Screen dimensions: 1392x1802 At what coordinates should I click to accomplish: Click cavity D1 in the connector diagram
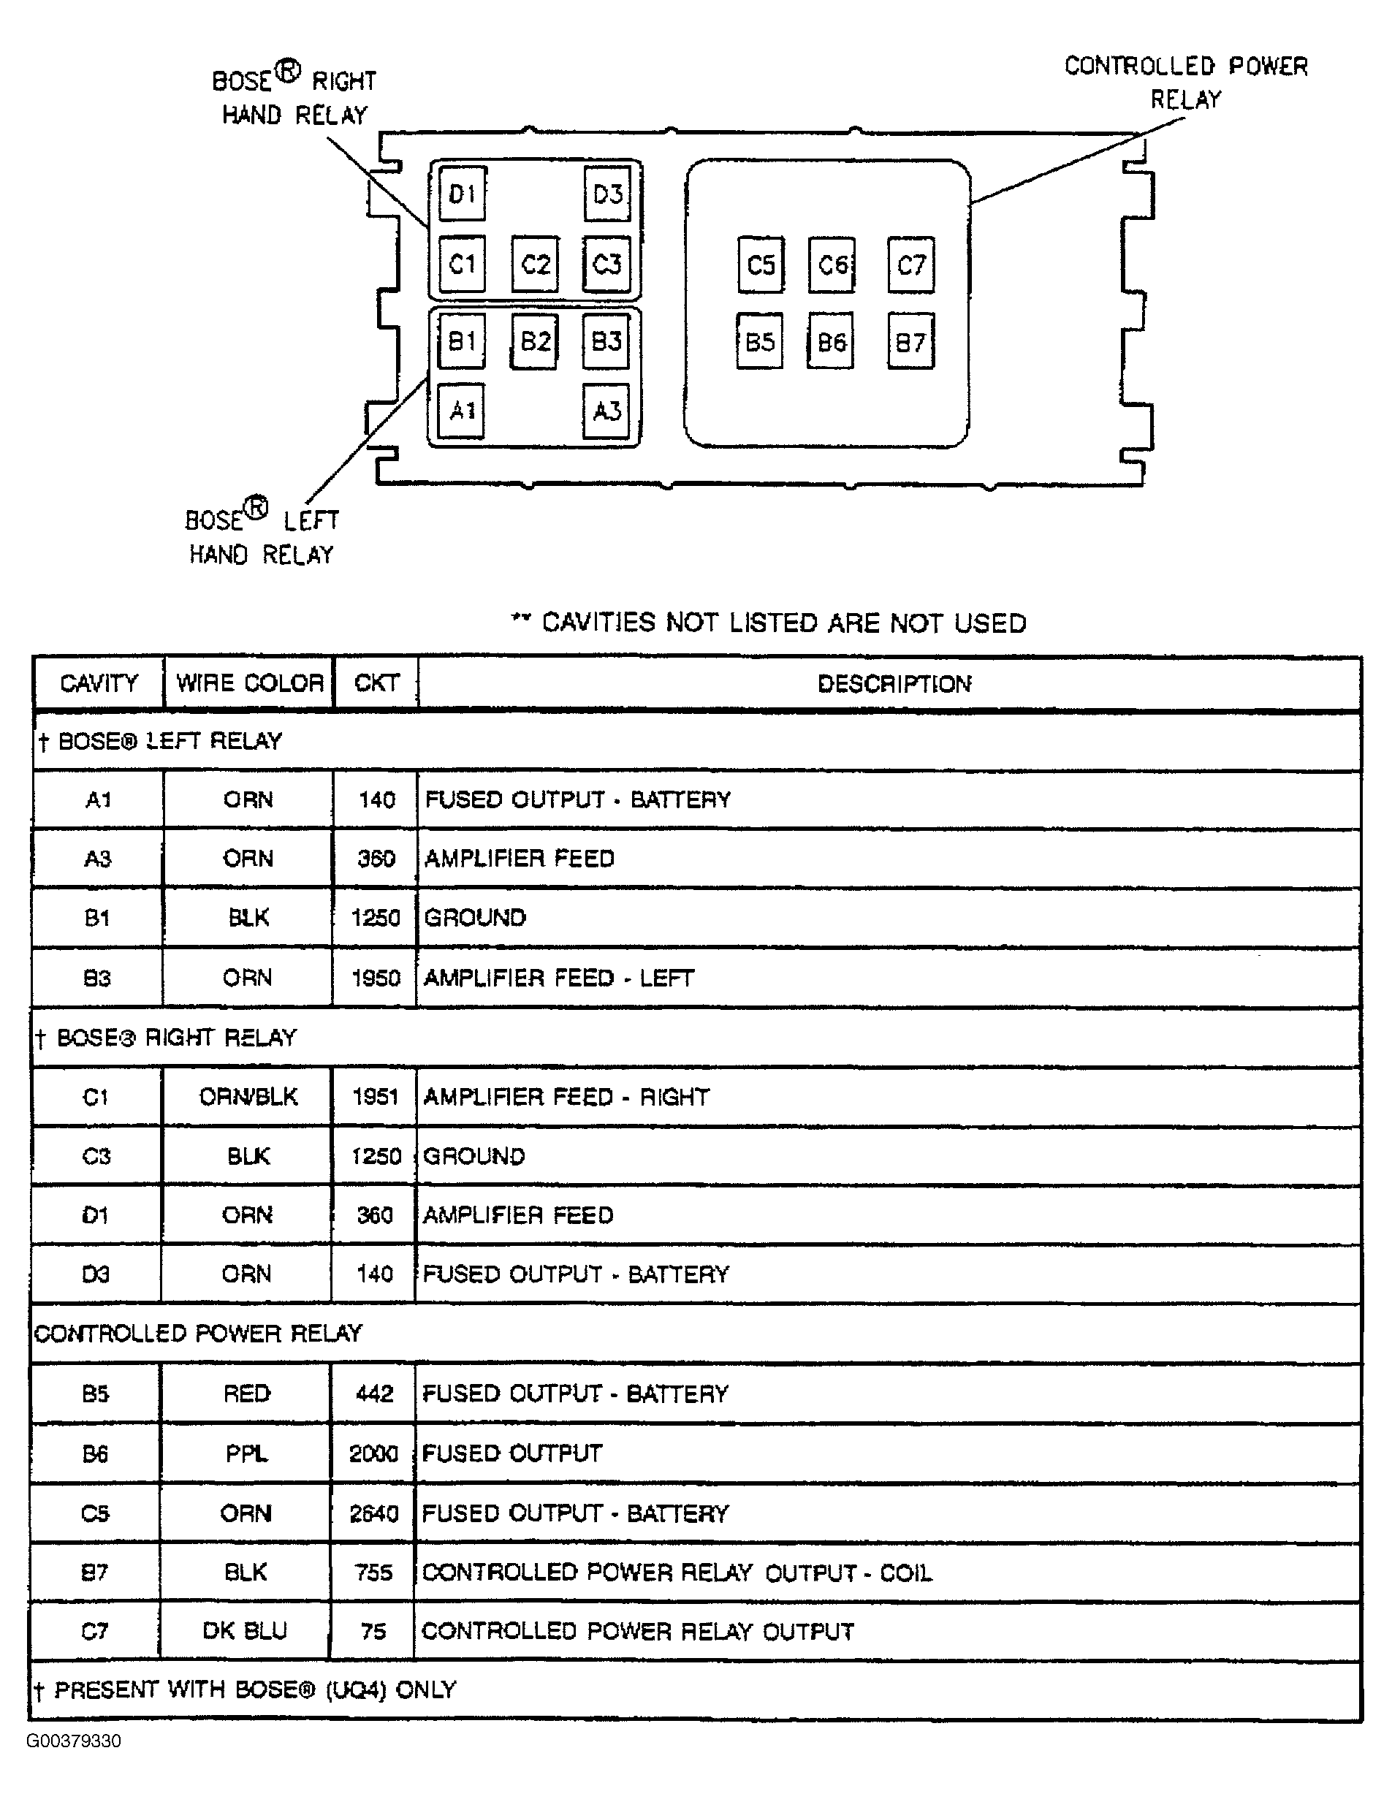pyautogui.click(x=462, y=194)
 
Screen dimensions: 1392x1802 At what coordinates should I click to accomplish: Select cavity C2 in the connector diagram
pyautogui.click(x=536, y=264)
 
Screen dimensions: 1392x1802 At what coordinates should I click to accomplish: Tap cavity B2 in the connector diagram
pyautogui.click(x=535, y=341)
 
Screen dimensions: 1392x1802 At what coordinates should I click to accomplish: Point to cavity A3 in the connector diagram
pyautogui.click(x=606, y=411)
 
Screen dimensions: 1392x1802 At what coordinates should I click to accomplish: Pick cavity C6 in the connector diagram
pyautogui.click(x=832, y=265)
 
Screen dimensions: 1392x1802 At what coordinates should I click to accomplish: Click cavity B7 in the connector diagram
pyautogui.click(x=911, y=341)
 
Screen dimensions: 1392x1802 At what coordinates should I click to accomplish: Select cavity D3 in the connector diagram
pyautogui.click(x=608, y=194)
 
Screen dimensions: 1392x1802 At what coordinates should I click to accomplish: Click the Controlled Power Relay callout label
pyautogui.click(x=1186, y=83)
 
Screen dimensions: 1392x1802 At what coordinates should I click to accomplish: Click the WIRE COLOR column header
pyautogui.click(x=249, y=683)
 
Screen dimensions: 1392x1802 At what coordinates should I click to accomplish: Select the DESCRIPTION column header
pyautogui.click(x=894, y=684)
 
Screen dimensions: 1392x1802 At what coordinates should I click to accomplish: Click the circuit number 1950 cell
pyautogui.click(x=376, y=978)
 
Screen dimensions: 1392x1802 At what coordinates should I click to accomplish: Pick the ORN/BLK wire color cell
pyautogui.click(x=248, y=1097)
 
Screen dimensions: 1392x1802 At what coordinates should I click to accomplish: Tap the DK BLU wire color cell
pyautogui.click(x=245, y=1631)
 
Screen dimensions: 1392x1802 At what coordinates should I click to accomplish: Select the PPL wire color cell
pyautogui.click(x=247, y=1453)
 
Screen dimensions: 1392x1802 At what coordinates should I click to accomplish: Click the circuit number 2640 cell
pyautogui.click(x=374, y=1513)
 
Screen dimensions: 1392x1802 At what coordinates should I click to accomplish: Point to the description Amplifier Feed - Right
pyautogui.click(x=566, y=1097)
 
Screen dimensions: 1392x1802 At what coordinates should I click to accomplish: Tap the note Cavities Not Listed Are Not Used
pyautogui.click(x=769, y=623)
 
